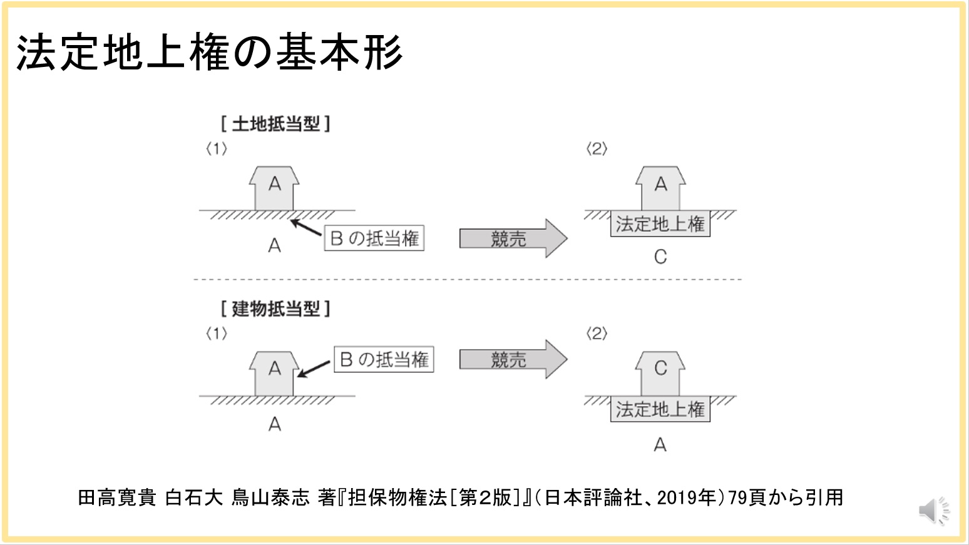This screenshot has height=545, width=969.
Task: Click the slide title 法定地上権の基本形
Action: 209,52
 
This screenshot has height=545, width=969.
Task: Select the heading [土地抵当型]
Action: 275,124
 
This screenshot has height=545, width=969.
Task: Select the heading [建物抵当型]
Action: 275,309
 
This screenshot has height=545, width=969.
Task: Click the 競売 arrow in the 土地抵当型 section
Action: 513,238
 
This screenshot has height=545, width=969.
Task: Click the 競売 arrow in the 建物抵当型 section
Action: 513,359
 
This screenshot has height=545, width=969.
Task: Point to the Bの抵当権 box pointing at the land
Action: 374,238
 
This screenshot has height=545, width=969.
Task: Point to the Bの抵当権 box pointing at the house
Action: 384,359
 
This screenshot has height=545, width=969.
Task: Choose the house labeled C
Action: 660,374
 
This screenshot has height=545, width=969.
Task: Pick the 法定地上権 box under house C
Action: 660,409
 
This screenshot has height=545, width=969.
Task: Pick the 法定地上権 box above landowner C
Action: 660,223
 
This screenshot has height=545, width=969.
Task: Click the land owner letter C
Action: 660,257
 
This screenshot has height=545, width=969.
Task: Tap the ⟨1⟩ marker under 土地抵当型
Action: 217,149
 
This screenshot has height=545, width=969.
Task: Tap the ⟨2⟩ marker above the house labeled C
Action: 597,334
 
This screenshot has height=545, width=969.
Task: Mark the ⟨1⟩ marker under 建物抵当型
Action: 217,334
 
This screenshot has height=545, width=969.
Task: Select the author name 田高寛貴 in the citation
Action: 117,498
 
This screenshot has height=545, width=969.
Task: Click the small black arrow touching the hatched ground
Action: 306,228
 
